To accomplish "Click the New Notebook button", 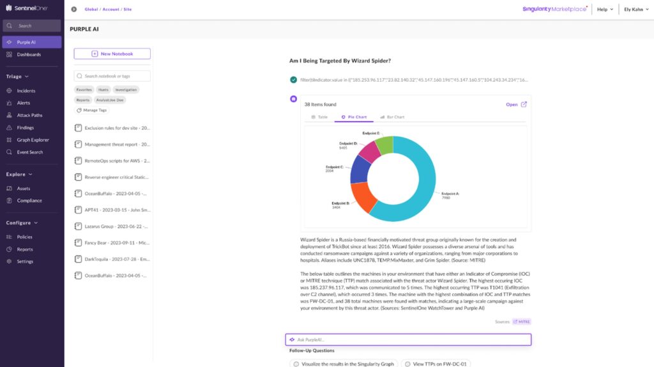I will click(112, 54).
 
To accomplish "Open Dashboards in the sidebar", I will click(29, 54).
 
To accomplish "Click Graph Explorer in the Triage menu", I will click(33, 139).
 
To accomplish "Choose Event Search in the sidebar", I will click(30, 152).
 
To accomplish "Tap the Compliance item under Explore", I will click(29, 200).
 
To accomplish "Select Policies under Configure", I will click(24, 237).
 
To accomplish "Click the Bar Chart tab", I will click(392, 117).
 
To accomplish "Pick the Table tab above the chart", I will click(319, 117).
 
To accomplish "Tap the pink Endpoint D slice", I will click(369, 151).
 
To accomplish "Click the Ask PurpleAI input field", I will click(409, 340).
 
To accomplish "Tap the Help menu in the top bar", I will click(605, 10).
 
